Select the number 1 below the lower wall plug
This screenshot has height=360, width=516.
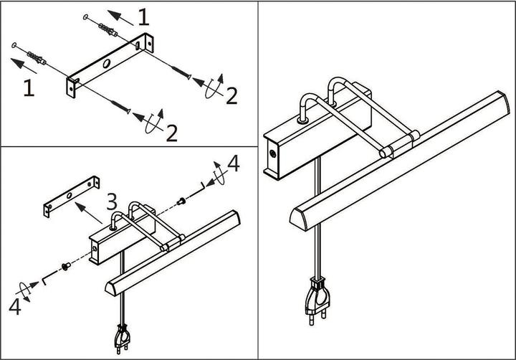[x=28, y=88]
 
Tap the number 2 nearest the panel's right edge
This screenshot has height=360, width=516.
[x=231, y=95]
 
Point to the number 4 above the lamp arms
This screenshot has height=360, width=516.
[x=232, y=164]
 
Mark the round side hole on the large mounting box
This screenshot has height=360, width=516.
[x=273, y=153]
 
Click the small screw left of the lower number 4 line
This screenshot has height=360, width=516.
[x=65, y=266]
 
